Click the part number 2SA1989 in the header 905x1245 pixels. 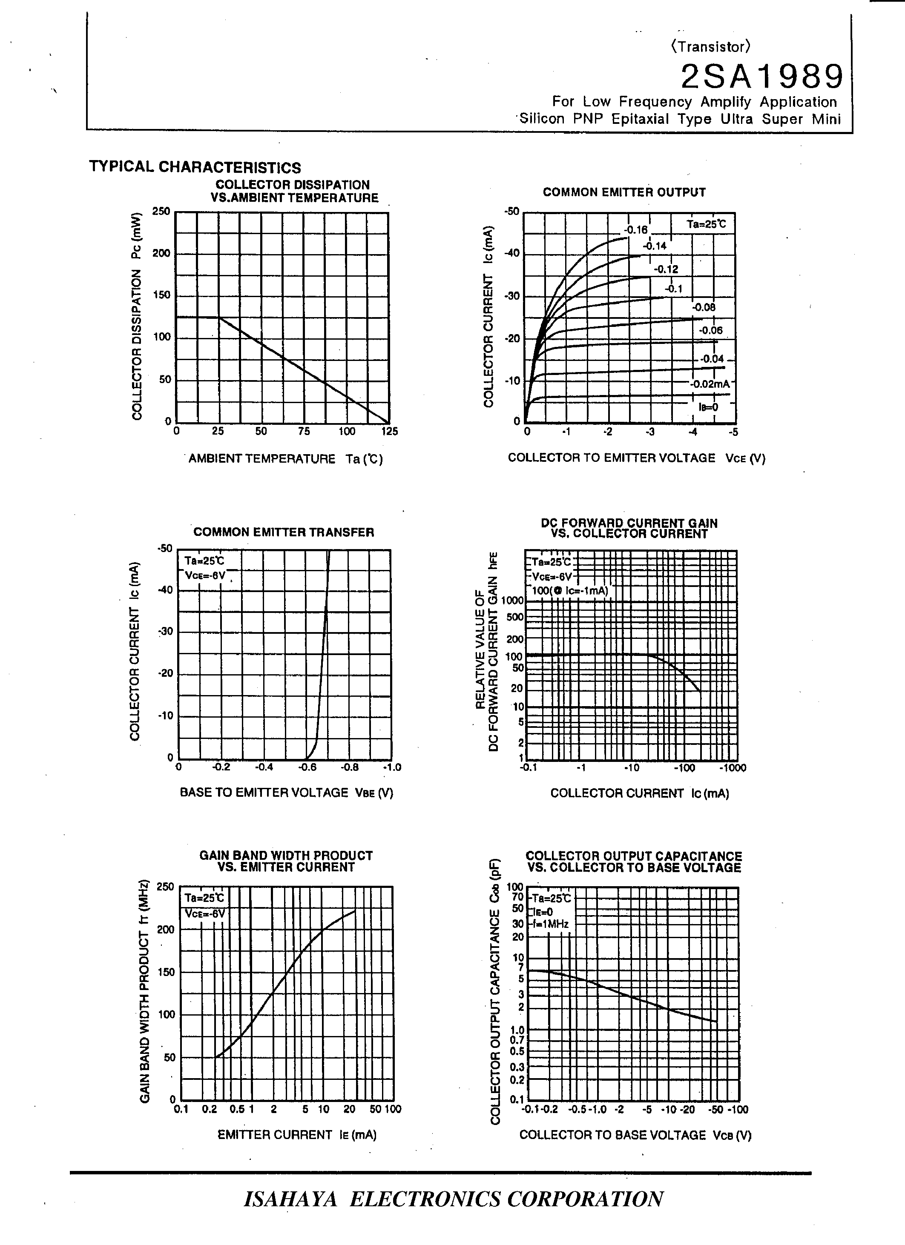(761, 77)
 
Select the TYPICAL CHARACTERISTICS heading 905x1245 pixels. (195, 167)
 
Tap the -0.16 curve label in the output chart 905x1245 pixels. (636, 230)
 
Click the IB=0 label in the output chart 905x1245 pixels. (708, 407)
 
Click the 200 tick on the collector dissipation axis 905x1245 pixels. (161, 254)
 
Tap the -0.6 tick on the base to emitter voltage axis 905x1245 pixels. (307, 767)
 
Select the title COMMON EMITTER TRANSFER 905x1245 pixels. (284, 532)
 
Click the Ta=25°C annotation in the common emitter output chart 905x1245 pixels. (706, 224)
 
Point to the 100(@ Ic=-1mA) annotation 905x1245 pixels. (570, 591)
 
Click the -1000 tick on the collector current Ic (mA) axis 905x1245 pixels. (733, 768)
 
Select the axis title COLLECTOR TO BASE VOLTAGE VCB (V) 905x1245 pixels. (635, 1135)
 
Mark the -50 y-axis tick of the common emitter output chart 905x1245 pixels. (512, 212)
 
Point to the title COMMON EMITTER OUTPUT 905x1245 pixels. (624, 192)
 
